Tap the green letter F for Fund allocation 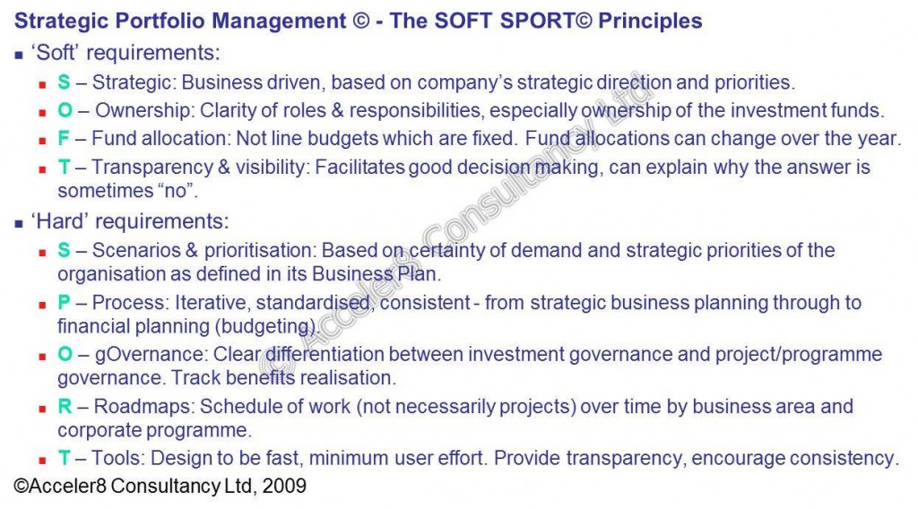pos(64,139)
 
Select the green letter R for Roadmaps pos(65,406)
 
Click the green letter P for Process pos(64,303)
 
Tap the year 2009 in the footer pos(284,487)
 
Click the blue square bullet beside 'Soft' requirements pos(20,56)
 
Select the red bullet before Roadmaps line pos(42,409)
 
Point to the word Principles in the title pos(650,22)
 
